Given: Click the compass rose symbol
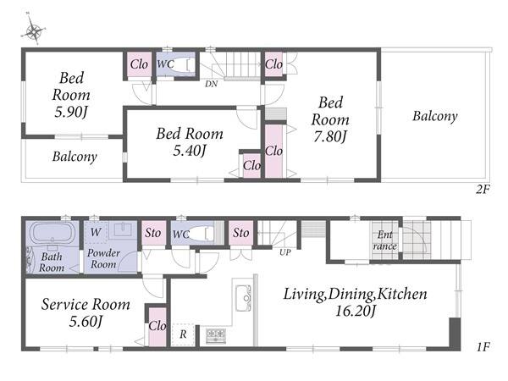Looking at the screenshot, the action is pyautogui.click(x=33, y=30).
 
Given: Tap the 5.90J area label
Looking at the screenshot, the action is pyautogui.click(x=71, y=112).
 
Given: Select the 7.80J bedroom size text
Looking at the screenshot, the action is pyautogui.click(x=330, y=136).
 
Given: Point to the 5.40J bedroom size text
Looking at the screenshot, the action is pyautogui.click(x=190, y=151).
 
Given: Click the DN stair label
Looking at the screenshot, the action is pyautogui.click(x=211, y=84).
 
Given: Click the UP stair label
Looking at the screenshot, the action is pyautogui.click(x=285, y=252).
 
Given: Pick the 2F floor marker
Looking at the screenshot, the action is pyautogui.click(x=483, y=189).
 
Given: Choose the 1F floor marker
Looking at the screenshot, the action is pyautogui.click(x=483, y=347).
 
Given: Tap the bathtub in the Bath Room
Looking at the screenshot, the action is pyautogui.click(x=52, y=233).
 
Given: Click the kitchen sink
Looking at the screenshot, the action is pyautogui.click(x=243, y=298).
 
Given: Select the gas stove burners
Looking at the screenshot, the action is pyautogui.click(x=216, y=335).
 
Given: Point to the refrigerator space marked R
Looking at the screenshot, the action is pyautogui.click(x=183, y=334).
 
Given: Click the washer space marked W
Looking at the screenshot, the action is pyautogui.click(x=96, y=232).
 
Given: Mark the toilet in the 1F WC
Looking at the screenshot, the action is pyautogui.click(x=202, y=234).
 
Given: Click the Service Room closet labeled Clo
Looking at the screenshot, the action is pyautogui.click(x=157, y=326).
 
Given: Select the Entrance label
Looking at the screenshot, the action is pyautogui.click(x=385, y=240).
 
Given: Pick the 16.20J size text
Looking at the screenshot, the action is pyautogui.click(x=356, y=312).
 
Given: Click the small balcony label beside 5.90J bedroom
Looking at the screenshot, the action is pyautogui.click(x=75, y=157).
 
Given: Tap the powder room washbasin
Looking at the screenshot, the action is pyautogui.click(x=123, y=229).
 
